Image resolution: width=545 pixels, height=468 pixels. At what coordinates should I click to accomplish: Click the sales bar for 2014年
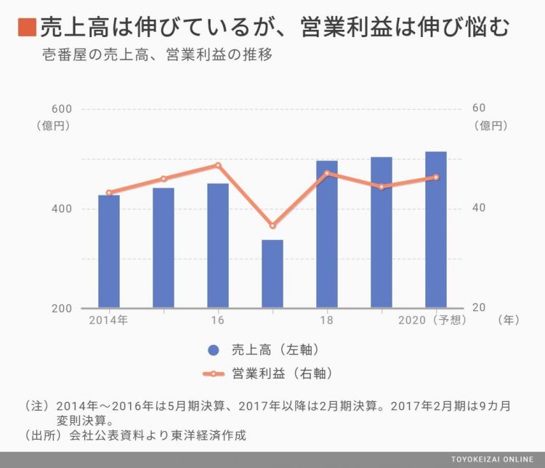(x=109, y=251)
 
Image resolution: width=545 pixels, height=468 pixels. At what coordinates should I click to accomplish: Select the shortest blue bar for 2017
(x=272, y=274)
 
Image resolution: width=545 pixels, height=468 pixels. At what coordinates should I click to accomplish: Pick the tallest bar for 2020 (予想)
(x=435, y=230)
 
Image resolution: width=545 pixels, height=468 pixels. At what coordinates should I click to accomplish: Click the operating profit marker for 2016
(x=217, y=165)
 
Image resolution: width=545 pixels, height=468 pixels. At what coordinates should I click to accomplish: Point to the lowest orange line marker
(x=272, y=226)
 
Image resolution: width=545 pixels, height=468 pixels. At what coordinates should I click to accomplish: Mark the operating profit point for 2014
(x=109, y=193)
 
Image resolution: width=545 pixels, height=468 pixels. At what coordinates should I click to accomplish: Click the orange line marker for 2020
(x=436, y=177)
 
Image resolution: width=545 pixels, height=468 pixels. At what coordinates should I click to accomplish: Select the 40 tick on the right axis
(x=478, y=209)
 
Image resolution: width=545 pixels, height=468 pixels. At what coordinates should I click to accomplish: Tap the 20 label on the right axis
(x=478, y=308)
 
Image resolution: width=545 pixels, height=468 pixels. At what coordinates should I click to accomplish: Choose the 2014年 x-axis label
(x=108, y=320)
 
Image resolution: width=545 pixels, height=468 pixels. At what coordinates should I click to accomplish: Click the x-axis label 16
(x=217, y=320)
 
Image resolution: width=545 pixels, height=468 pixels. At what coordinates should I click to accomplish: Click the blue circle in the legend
(x=213, y=350)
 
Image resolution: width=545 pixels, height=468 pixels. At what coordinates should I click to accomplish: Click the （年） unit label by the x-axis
(x=509, y=320)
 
